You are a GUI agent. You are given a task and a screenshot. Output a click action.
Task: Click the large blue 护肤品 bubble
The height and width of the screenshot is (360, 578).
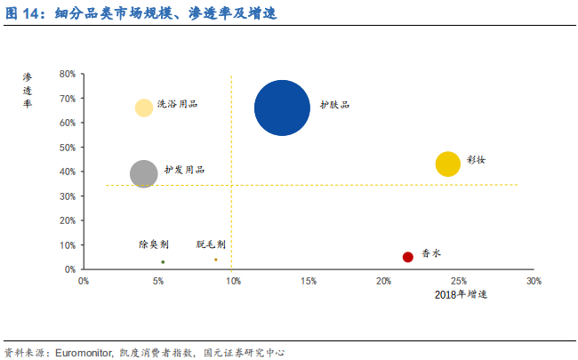coord(282,108)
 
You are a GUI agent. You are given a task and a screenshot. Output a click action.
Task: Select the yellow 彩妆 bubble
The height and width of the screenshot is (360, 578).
coord(448,164)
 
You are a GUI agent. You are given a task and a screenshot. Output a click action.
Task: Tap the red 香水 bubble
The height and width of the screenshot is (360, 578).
coord(408,257)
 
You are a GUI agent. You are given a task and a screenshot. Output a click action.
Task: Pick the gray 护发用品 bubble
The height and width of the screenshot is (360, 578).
coord(143,173)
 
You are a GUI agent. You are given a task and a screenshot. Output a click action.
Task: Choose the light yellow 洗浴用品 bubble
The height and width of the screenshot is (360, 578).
coord(143,108)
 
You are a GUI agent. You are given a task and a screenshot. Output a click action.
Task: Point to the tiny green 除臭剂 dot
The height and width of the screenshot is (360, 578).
coord(163,262)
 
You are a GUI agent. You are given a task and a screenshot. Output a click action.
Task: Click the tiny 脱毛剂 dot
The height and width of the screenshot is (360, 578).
coord(215,260)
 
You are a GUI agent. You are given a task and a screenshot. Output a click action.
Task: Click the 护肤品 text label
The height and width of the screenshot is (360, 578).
coord(334,105)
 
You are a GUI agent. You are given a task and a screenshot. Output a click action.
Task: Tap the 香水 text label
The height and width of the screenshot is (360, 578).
coord(431,252)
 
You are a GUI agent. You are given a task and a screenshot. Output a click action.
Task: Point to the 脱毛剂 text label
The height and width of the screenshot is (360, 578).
coord(211,244)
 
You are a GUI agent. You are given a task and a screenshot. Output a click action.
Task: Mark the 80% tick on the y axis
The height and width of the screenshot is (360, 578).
coord(68,74)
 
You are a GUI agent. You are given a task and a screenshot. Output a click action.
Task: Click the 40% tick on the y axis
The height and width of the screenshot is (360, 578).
coord(68,172)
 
